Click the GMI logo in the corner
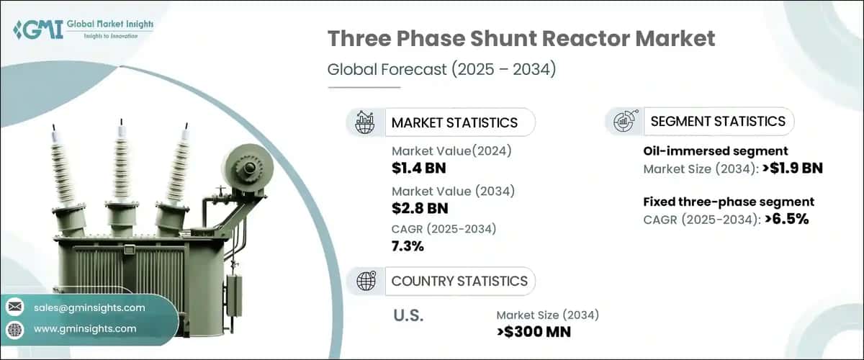click(x=82, y=31)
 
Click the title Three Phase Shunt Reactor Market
click(x=521, y=39)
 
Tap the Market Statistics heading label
click(x=454, y=122)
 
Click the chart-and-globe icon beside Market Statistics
click(x=366, y=122)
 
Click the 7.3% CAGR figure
click(x=408, y=246)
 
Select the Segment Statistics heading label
click(x=718, y=121)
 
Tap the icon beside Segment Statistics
click(x=624, y=122)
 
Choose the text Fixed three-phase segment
click(x=729, y=202)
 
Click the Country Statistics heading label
click(x=459, y=281)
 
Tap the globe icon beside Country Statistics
click(x=366, y=281)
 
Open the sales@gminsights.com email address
click(x=89, y=307)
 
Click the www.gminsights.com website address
click(x=85, y=329)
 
